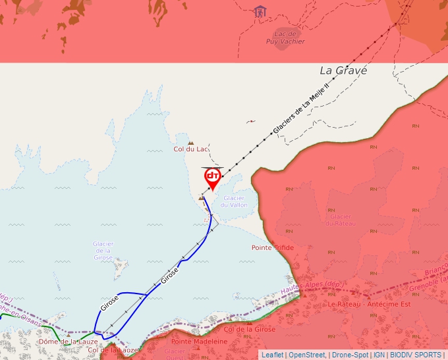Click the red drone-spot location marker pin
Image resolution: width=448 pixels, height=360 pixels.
pos(213,178)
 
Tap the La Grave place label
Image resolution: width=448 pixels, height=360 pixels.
pos(343,70)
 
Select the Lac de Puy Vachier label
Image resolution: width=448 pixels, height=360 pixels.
pos(286,37)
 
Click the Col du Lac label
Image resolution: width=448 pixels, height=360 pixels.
pos(190,149)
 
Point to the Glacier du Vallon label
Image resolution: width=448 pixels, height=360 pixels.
pos(235,201)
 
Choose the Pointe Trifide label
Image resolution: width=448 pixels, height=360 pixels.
pos(273,247)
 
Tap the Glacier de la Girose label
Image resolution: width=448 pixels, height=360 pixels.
pos(103,251)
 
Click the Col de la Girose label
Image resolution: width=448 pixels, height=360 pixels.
pos(250,328)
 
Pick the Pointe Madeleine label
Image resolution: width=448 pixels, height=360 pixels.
pos(200,342)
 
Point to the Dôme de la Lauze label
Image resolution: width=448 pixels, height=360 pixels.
pos(69,342)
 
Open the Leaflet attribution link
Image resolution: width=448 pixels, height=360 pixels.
pos(272,355)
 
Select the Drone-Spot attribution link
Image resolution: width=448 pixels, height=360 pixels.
pos(350,355)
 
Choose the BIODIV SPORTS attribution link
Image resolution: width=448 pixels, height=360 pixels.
pos(416,355)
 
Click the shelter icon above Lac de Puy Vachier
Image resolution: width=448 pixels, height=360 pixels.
pos(260,11)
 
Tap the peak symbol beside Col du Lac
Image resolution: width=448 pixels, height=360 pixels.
pos(191,141)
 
